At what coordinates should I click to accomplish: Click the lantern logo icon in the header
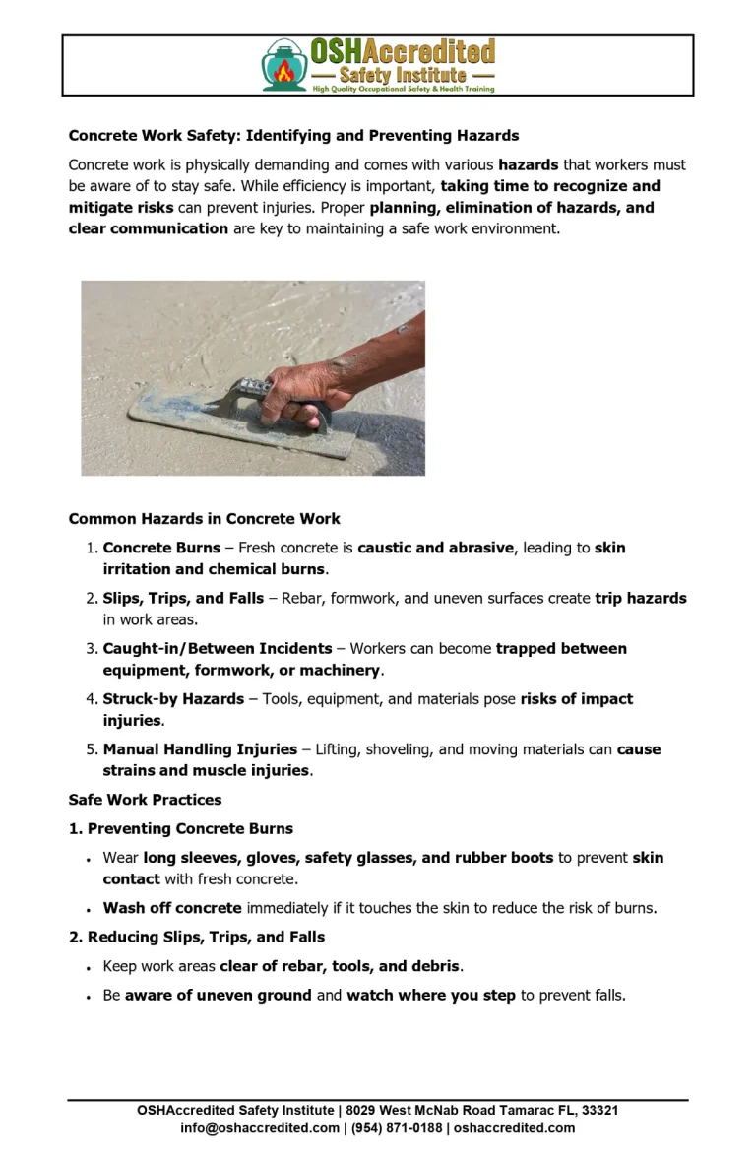[x=283, y=66]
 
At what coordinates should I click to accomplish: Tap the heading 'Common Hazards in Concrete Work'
[x=205, y=519]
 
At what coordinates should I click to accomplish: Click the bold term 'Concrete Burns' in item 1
[x=161, y=548]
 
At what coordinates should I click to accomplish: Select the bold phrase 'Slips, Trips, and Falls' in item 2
[x=183, y=598]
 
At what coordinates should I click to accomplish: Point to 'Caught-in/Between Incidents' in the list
[x=218, y=648]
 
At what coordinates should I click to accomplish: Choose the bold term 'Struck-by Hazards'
[x=173, y=698]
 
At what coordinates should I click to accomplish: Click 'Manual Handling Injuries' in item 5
[x=200, y=749]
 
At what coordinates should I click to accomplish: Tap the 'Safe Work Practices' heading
[x=145, y=800]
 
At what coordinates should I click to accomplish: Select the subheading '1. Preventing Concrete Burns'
[x=181, y=828]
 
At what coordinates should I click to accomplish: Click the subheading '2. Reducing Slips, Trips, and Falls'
[x=197, y=937]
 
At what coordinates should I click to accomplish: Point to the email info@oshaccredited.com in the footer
[x=260, y=1128]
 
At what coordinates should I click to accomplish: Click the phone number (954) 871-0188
[x=397, y=1128]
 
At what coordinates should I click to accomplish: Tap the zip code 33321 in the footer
[x=599, y=1110]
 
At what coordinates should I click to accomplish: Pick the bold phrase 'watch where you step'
[x=431, y=995]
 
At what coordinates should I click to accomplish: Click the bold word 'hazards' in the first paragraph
[x=528, y=164]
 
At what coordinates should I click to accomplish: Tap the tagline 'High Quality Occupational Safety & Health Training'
[x=404, y=89]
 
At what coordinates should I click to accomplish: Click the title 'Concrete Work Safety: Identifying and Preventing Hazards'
[x=293, y=135]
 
